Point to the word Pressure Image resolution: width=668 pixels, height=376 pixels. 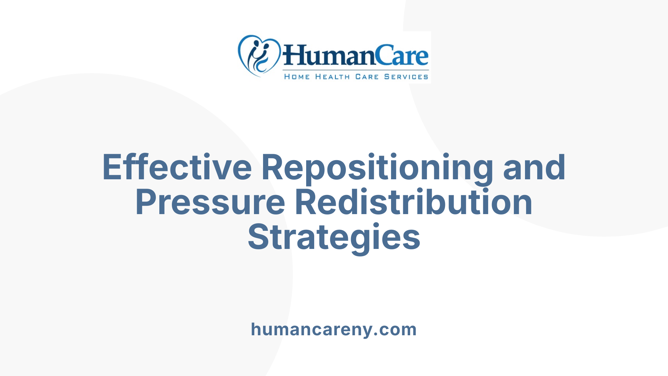(x=210, y=202)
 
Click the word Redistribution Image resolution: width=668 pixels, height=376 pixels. (x=414, y=202)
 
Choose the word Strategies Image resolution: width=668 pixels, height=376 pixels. (x=334, y=237)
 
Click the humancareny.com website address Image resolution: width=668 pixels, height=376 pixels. (x=334, y=329)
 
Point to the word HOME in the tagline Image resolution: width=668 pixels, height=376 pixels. (x=297, y=77)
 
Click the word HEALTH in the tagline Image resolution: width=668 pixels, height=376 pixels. (x=332, y=77)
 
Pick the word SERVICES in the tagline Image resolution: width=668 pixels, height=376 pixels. (x=406, y=77)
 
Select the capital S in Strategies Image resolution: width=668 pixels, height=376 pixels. (x=258, y=237)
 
